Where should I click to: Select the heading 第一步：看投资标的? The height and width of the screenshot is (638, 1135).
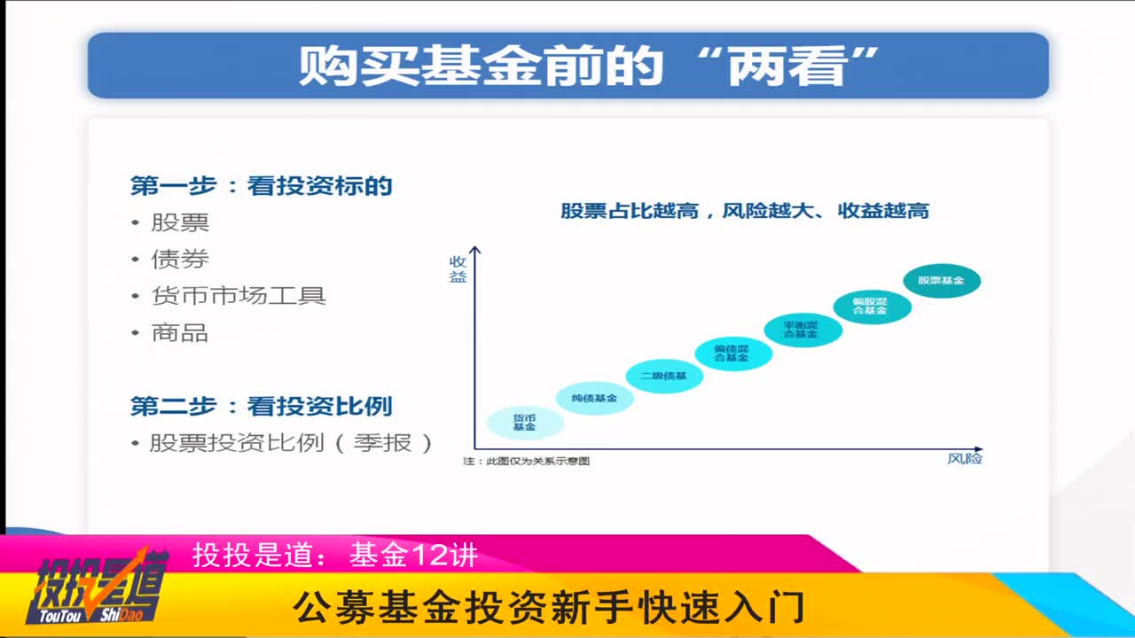point(262,186)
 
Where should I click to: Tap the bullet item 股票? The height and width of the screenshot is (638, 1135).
point(179,222)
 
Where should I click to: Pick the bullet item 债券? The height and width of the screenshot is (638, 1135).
point(179,260)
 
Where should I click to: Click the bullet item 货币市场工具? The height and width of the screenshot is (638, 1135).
point(238,296)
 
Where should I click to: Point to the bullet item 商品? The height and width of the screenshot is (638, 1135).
point(179,333)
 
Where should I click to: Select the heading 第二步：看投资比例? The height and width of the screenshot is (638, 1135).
point(262,407)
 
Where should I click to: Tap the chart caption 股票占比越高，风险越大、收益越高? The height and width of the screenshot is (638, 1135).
point(745,211)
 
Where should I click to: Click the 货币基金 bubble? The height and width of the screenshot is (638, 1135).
point(525,422)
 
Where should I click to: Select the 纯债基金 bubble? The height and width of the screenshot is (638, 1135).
point(594,399)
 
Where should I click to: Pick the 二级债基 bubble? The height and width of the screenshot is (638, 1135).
point(664,376)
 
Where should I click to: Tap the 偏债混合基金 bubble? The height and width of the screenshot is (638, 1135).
point(732,353)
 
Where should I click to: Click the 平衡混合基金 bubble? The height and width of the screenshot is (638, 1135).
point(802,330)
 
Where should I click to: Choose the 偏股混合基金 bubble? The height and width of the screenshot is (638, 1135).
point(871,307)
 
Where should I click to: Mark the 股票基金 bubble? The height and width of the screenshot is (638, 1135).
point(941,281)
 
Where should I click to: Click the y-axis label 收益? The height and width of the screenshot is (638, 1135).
point(458,268)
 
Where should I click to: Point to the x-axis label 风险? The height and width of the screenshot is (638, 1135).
point(965,459)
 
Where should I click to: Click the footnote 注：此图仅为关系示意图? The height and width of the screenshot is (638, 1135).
point(527,462)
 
